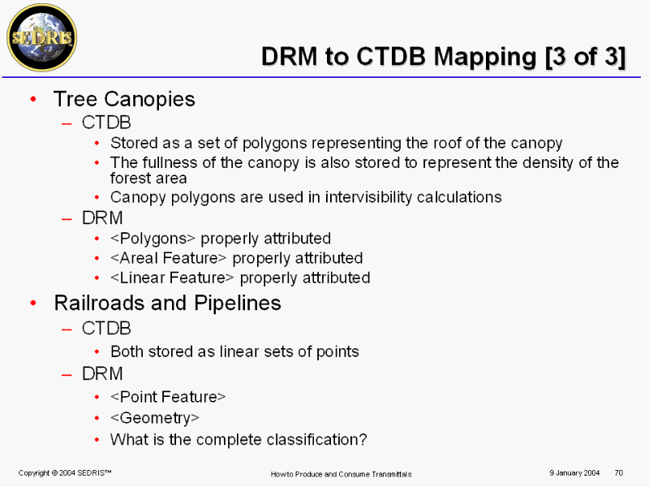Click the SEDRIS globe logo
42,37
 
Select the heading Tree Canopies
124,99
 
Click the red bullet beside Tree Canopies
33,98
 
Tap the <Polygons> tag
153,239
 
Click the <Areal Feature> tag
169,258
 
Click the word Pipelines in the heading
238,303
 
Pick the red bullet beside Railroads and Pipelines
33,303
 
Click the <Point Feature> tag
168,397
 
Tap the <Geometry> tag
155,418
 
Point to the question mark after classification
363,439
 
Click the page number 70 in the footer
619,472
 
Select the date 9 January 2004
574,473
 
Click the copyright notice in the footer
65,473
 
